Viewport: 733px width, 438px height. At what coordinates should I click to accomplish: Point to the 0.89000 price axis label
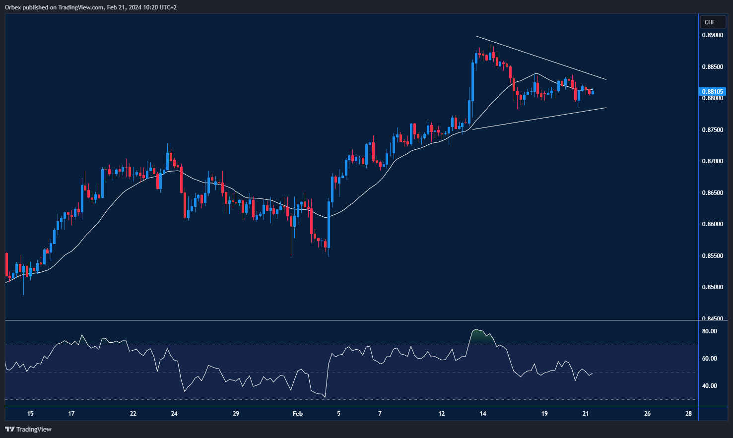pos(712,35)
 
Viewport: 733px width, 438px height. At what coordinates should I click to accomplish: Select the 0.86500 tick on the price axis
pos(712,193)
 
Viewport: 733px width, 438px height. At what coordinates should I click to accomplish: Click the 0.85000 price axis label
pos(712,287)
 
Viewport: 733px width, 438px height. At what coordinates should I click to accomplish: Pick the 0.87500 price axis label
pos(712,130)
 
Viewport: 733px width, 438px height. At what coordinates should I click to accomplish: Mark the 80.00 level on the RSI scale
pos(709,331)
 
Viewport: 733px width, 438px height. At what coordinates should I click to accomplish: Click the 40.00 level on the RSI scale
pos(709,386)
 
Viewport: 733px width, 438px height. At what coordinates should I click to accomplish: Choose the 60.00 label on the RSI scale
pos(709,359)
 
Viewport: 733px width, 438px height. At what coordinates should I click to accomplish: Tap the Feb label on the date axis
pos(297,414)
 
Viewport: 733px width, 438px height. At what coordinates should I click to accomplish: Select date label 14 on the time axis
pos(483,414)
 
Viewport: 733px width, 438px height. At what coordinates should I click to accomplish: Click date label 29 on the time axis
pos(236,414)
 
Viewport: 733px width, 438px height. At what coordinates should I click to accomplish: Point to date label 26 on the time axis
pos(647,414)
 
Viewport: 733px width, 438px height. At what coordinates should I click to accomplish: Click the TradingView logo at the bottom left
pos(28,429)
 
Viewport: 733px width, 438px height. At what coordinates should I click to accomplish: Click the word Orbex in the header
pos(13,7)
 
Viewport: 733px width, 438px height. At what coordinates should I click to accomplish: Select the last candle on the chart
pos(593,92)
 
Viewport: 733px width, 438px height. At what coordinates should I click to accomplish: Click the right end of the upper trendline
pos(606,79)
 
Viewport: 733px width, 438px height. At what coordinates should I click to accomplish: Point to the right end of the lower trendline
pos(606,108)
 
